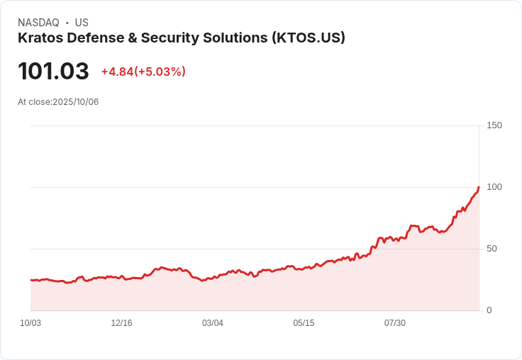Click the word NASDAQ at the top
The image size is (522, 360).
pyautogui.click(x=38, y=23)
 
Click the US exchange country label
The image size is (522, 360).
pyautogui.click(x=82, y=23)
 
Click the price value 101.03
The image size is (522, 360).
pyautogui.click(x=53, y=72)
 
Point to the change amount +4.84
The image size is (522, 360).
pyautogui.click(x=117, y=72)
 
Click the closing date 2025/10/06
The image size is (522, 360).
pyautogui.click(x=76, y=102)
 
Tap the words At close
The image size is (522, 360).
pyautogui.click(x=34, y=102)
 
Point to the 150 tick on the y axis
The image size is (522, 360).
pyautogui.click(x=494, y=125)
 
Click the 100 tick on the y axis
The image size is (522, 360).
pyautogui.click(x=494, y=187)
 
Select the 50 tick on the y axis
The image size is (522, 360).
pyautogui.click(x=492, y=249)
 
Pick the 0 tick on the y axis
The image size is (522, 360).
pyautogui.click(x=489, y=310)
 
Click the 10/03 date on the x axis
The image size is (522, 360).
pyautogui.click(x=30, y=323)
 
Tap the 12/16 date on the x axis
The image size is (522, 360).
pyautogui.click(x=121, y=323)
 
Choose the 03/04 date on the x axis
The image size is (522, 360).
pyautogui.click(x=213, y=323)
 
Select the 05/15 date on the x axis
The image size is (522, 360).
pyautogui.click(x=304, y=323)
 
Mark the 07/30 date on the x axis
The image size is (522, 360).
pyautogui.click(x=395, y=323)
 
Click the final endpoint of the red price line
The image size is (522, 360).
pyautogui.click(x=479, y=187)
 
